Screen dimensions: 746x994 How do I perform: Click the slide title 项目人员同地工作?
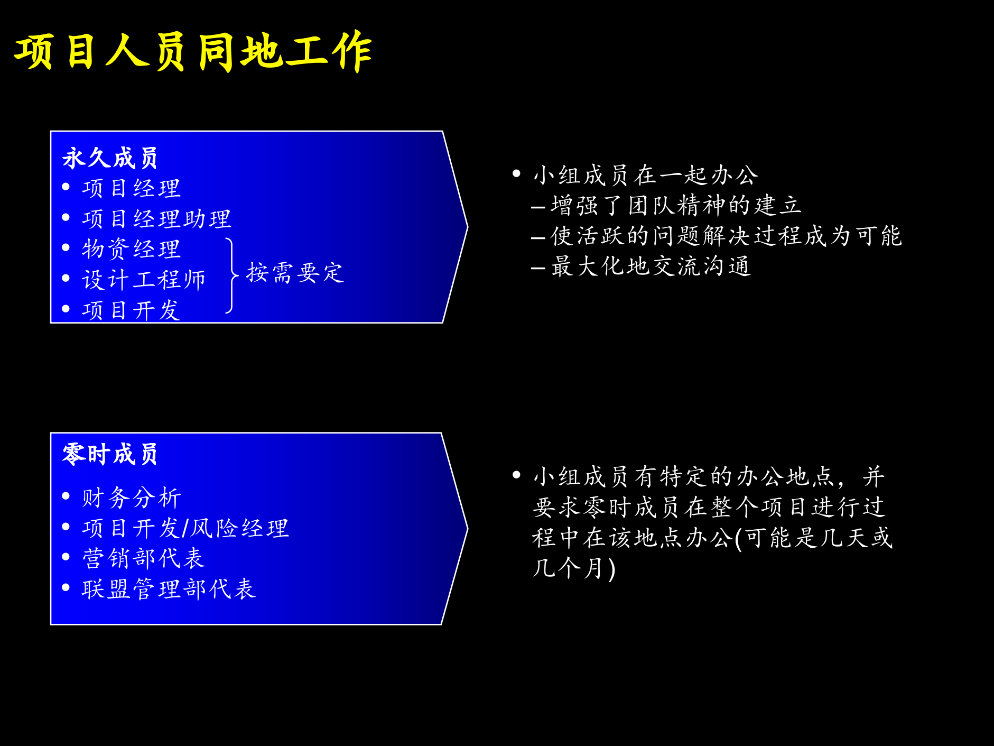coord(193,51)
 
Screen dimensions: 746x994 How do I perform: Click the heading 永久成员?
coord(110,158)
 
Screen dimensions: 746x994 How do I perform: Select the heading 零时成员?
coord(110,454)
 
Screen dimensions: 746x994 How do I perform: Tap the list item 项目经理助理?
coord(156,219)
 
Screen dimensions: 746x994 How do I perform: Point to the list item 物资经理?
coord(131,249)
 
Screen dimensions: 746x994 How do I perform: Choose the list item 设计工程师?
coord(143,280)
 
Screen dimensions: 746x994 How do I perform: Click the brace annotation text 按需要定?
coord(295,273)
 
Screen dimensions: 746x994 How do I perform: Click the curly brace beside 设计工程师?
coord(231,275)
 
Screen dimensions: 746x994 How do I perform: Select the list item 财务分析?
coord(131,498)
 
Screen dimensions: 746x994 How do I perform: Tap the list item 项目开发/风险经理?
coord(185,528)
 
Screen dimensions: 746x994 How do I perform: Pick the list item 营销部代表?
coord(143,558)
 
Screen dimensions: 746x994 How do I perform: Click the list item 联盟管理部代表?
coord(169,589)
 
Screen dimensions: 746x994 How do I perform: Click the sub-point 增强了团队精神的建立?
coord(676,206)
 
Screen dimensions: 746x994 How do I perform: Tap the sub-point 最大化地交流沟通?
coord(651,266)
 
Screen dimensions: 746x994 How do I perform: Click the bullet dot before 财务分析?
coord(66,496)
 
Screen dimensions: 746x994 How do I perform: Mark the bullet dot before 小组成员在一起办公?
coord(517,173)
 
